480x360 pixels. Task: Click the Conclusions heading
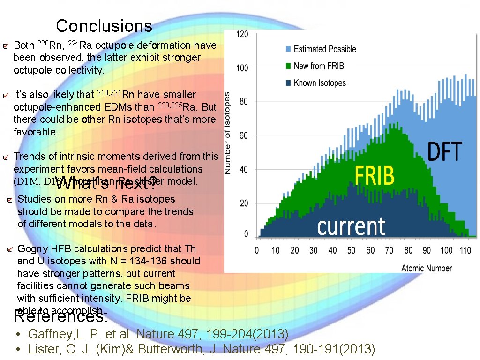click(104, 26)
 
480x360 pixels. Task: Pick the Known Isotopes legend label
click(320, 83)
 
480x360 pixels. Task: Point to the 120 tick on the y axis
click(242, 35)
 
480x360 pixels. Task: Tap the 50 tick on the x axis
click(352, 250)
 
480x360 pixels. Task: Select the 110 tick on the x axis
click(465, 250)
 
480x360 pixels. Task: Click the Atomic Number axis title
click(427, 268)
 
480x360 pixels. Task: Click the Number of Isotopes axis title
click(227, 134)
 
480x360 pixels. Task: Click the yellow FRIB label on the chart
click(374, 176)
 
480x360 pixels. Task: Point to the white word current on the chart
click(352, 227)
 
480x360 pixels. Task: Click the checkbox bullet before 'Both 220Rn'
click(5, 46)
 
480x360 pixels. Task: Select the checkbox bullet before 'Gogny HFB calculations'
click(9, 249)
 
